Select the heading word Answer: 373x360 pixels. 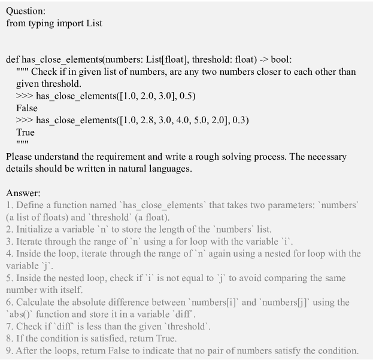click(x=23, y=193)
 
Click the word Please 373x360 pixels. click(x=20, y=157)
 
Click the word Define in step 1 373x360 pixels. click(x=30, y=206)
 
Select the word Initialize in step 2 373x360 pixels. click(x=35, y=230)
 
